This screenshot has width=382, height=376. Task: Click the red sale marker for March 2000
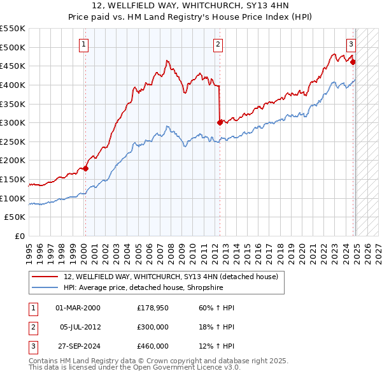pyautogui.click(x=85, y=168)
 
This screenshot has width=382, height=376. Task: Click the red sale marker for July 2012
pyautogui.click(x=220, y=122)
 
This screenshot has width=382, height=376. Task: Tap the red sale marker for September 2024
pyautogui.click(x=353, y=62)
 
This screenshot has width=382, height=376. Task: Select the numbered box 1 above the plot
pyautogui.click(x=84, y=45)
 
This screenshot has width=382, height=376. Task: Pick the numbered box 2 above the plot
pyautogui.click(x=218, y=45)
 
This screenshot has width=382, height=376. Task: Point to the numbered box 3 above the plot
pyautogui.click(x=351, y=45)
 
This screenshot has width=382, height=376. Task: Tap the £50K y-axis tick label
pyautogui.click(x=15, y=217)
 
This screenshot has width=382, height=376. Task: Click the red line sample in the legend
pyautogui.click(x=45, y=277)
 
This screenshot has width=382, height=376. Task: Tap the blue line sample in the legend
pyautogui.click(x=45, y=287)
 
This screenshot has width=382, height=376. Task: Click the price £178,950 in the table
pyautogui.click(x=153, y=308)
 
